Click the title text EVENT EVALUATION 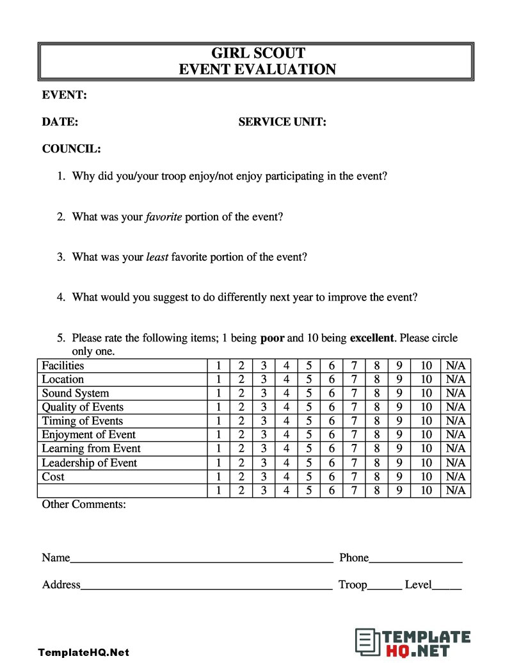click(x=257, y=70)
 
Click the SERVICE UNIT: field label click(x=282, y=122)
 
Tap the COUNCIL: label click(x=71, y=149)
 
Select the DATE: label click(x=60, y=122)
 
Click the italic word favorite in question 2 click(x=164, y=217)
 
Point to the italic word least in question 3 click(x=157, y=257)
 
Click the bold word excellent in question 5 click(x=372, y=338)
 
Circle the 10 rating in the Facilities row click(x=426, y=366)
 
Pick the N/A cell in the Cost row click(x=456, y=477)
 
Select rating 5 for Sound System click(x=309, y=393)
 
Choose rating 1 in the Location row click(x=218, y=379)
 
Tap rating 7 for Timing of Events click(x=354, y=421)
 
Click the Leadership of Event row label click(x=89, y=462)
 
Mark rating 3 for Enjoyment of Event click(x=263, y=435)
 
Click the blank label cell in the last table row click(x=122, y=491)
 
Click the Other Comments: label click(x=84, y=505)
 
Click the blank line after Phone click(x=415, y=561)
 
